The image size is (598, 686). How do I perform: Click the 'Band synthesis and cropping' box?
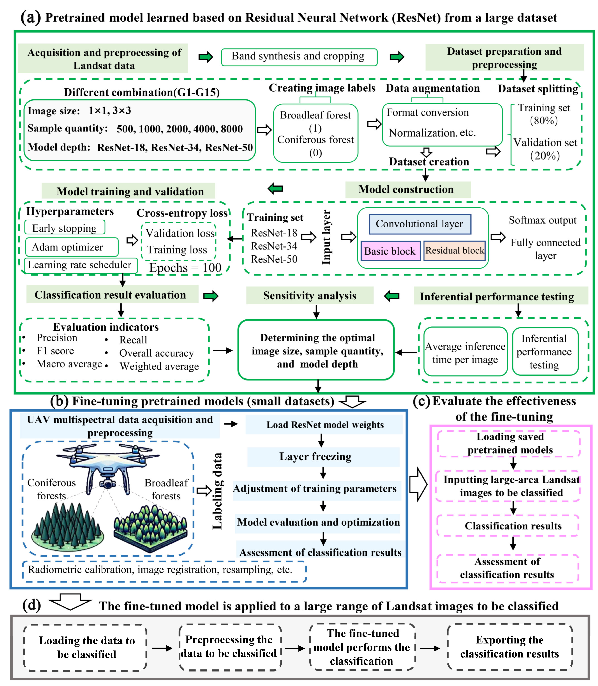[x=299, y=57]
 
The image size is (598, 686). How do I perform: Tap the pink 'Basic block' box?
[x=390, y=251]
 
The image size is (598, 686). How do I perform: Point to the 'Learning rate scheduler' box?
[x=80, y=265]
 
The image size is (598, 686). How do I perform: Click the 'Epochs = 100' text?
[x=185, y=267]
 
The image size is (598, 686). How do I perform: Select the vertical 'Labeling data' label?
[x=217, y=491]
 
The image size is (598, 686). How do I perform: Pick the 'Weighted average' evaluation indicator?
[x=159, y=366]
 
